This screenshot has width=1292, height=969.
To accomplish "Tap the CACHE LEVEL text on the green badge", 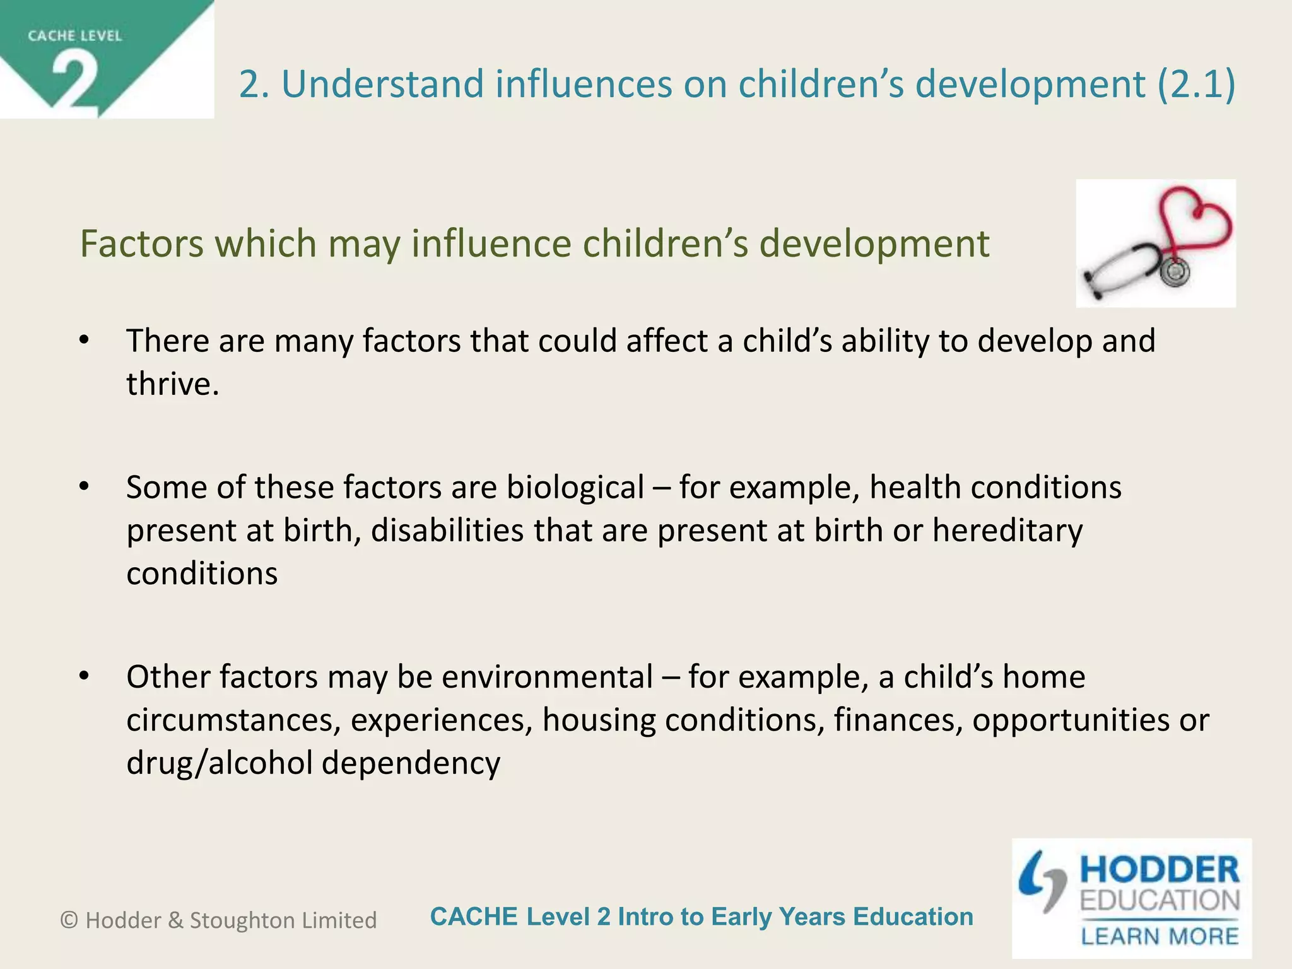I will (x=74, y=36).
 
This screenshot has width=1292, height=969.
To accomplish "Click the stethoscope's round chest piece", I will (x=1174, y=272).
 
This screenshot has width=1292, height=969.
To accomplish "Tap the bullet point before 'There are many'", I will (x=85, y=341).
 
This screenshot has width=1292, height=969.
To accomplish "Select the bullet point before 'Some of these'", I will (x=85, y=487).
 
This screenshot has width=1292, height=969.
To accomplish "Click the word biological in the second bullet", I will (x=575, y=487).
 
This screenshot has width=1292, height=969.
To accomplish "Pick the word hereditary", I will (x=1007, y=530).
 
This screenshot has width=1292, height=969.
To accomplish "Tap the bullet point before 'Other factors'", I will (x=85, y=676).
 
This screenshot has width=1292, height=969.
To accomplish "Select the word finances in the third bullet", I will (x=898, y=720).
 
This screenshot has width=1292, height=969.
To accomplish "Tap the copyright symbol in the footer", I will (x=69, y=920).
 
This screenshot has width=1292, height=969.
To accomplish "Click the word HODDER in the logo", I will (x=1160, y=870).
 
